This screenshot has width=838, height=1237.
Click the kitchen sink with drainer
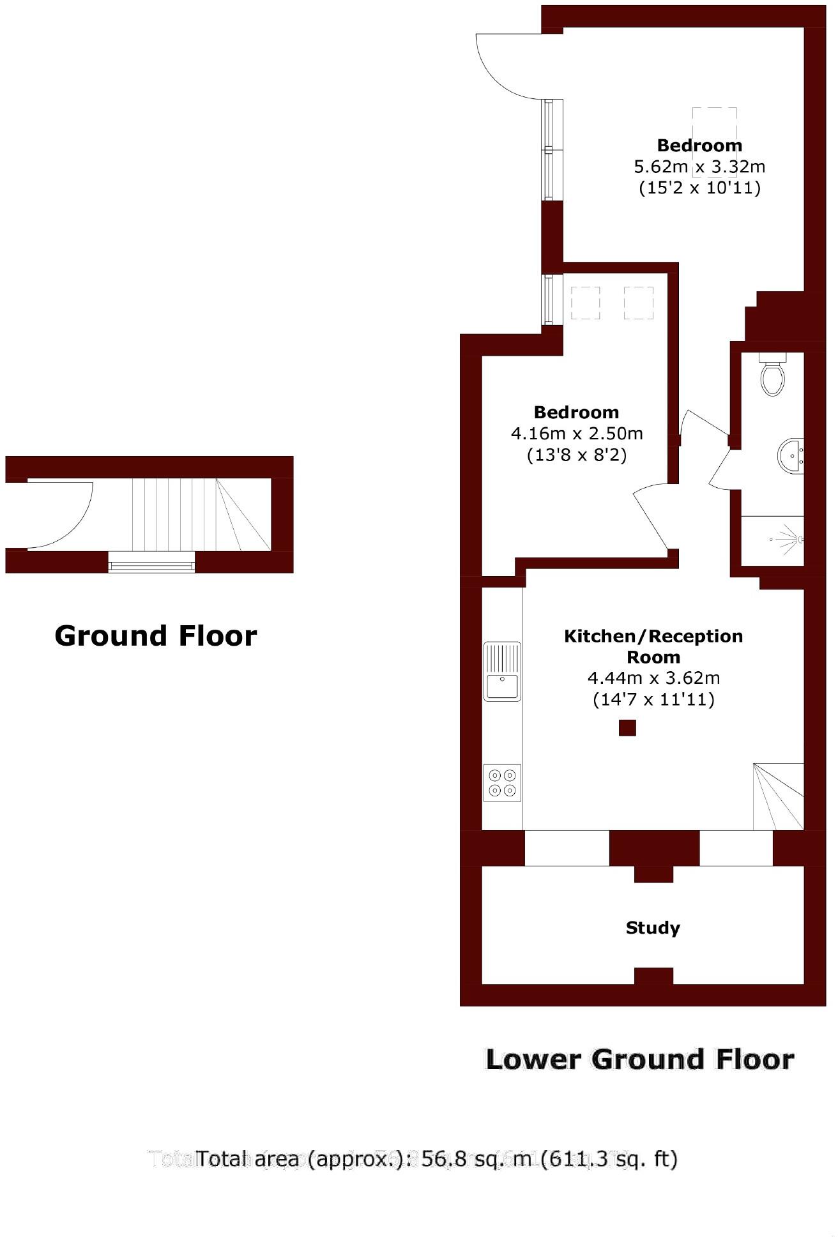pyautogui.click(x=502, y=671)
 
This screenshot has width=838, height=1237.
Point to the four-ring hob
pyautogui.click(x=502, y=782)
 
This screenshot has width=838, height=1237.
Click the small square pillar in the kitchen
pyautogui.click(x=627, y=728)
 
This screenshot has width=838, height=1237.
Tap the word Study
pyautogui.click(x=652, y=927)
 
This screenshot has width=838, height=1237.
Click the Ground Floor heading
pyautogui.click(x=156, y=636)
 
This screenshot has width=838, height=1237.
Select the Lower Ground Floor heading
pyautogui.click(x=640, y=1059)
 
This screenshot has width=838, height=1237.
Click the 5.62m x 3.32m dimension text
pyautogui.click(x=699, y=167)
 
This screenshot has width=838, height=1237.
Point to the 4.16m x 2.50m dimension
pyautogui.click(x=577, y=434)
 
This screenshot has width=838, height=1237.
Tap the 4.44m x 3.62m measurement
pyautogui.click(x=653, y=678)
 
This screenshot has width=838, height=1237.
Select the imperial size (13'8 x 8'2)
pyautogui.click(x=577, y=455)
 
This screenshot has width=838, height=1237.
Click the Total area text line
pyautogui.click(x=437, y=1158)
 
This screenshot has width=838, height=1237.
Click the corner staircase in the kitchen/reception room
pyautogui.click(x=779, y=796)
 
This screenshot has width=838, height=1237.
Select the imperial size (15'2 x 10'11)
pyautogui.click(x=699, y=188)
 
